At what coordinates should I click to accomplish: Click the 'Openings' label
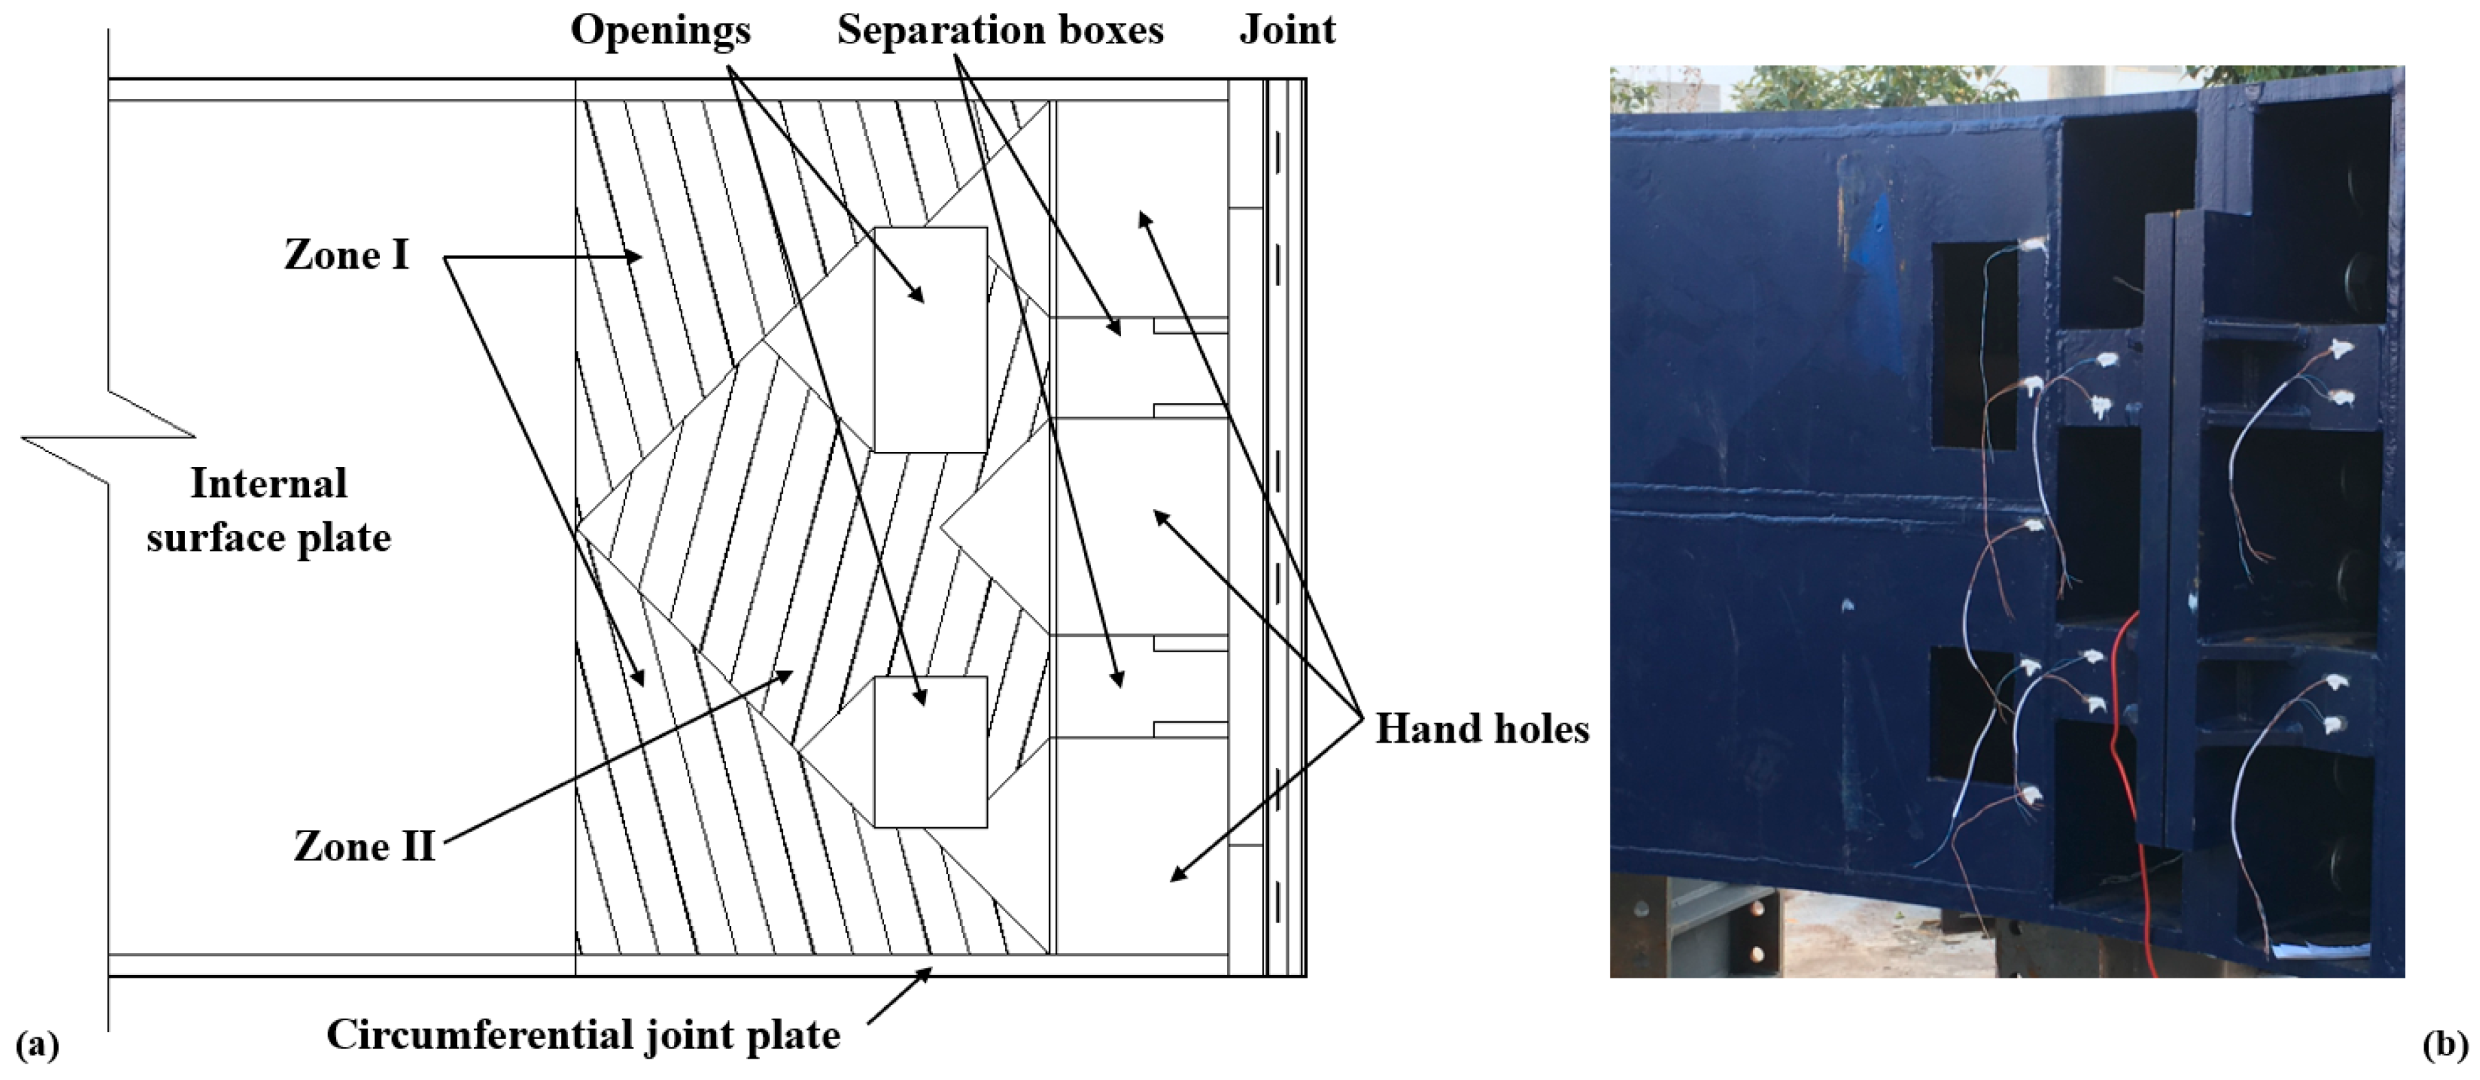click(660, 30)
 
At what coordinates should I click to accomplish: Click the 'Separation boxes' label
click(1000, 30)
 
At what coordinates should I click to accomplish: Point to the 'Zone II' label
click(364, 847)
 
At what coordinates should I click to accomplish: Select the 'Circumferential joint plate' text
click(583, 1035)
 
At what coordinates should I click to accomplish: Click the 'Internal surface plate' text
click(269, 510)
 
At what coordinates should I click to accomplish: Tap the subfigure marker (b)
click(2444, 1044)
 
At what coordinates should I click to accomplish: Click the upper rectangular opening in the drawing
click(930, 339)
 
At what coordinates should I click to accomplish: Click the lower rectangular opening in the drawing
click(930, 752)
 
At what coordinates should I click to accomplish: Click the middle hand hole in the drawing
click(1142, 526)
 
